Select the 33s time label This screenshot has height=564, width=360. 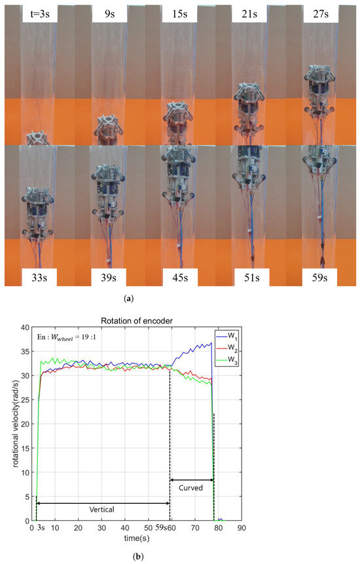click(x=39, y=273)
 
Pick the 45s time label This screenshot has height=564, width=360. click(x=180, y=273)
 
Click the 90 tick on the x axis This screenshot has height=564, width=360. click(x=242, y=527)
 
